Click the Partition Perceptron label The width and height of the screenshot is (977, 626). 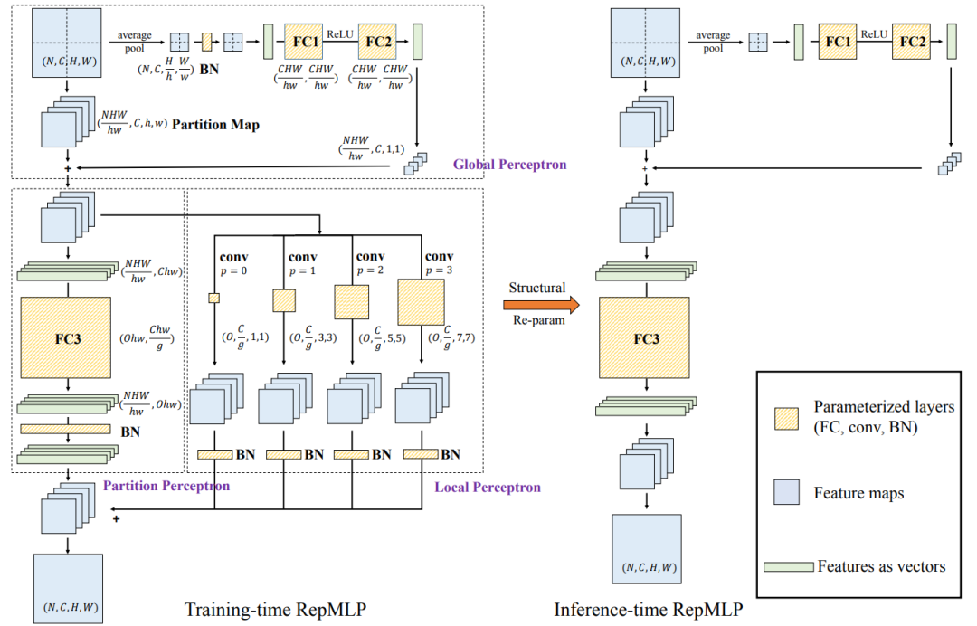coord(166,486)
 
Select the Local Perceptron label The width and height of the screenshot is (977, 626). coord(488,488)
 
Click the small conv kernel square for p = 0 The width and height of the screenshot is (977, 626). coord(214,299)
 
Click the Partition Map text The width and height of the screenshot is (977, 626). coord(217,125)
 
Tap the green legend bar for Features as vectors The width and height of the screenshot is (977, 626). coord(788,567)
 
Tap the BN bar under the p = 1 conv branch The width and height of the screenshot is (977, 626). coord(283,453)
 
